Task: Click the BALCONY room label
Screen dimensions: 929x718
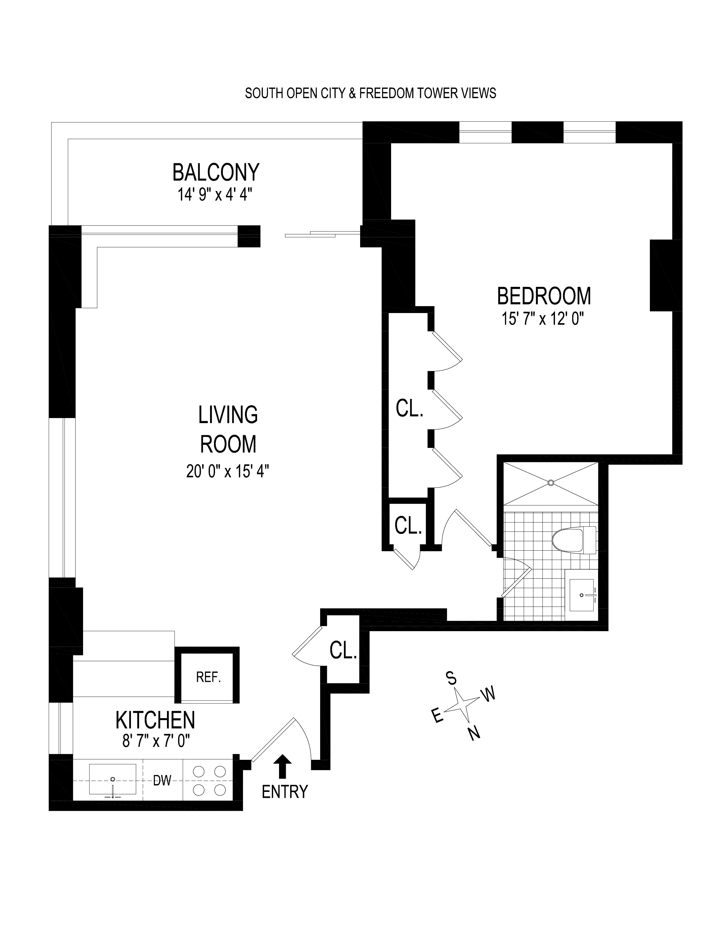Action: point(216,172)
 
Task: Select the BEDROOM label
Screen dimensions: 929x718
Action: point(544,296)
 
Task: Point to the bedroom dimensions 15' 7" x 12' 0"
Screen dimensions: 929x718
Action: point(542,319)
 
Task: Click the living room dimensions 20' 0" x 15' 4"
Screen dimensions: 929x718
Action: point(228,471)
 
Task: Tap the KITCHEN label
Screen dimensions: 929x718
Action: point(155,720)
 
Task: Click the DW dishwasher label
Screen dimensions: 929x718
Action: point(162,780)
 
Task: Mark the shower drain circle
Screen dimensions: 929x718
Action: point(551,483)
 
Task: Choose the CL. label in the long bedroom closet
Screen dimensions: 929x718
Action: point(409,409)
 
